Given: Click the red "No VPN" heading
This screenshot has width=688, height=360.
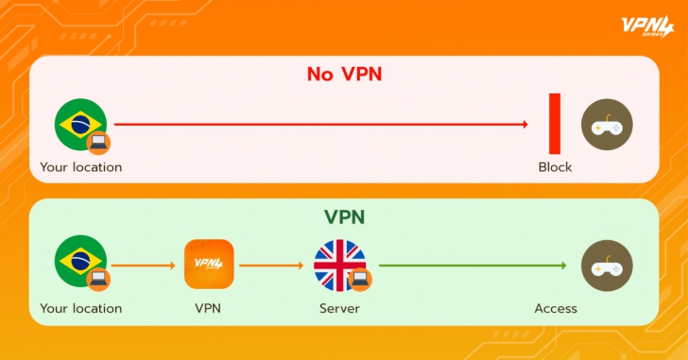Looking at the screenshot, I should (344, 74).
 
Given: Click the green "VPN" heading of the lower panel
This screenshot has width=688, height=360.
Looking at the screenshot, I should (344, 217).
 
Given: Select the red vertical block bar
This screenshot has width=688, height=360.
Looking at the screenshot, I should (556, 124).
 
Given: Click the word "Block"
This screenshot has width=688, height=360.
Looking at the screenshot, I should (556, 167).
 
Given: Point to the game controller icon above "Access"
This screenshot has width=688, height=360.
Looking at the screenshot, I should (607, 265).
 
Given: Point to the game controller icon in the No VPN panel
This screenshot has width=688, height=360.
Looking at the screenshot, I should (607, 125).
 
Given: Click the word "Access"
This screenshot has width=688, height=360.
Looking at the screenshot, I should (556, 308).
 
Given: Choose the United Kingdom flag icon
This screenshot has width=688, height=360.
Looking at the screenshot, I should (338, 265).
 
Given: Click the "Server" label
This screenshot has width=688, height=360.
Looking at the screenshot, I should (339, 308).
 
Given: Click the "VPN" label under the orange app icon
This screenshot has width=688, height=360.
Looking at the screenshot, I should (208, 308).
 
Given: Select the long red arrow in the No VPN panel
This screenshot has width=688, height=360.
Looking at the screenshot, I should (321, 124).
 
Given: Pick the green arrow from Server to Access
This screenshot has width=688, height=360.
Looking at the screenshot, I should (473, 265).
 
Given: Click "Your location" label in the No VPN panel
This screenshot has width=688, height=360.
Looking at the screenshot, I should (81, 167).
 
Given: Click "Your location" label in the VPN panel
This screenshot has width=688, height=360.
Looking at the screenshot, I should (81, 308).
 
